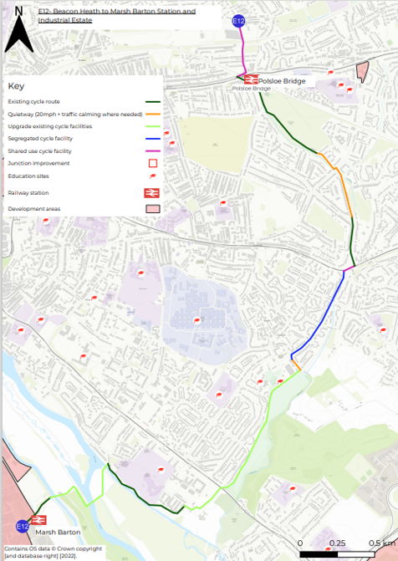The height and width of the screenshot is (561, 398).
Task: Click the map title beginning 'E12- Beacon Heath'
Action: pos(116,16)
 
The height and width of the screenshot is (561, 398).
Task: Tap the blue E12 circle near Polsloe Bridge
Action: pos(238,21)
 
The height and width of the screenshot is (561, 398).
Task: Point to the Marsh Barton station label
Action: pos(58,531)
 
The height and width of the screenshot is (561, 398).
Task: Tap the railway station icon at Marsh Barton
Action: pos(39,519)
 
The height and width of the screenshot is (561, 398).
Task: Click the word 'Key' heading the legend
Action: pos(16,86)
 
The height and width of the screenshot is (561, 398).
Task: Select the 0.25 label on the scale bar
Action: pos(337,543)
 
